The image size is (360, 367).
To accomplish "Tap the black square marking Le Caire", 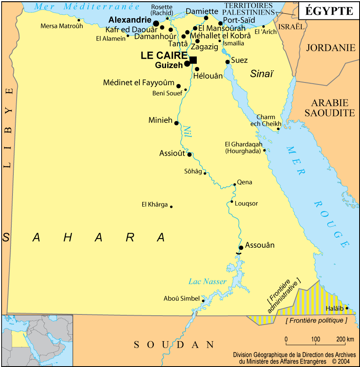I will click(193, 60).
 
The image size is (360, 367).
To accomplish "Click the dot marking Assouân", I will click(241, 248).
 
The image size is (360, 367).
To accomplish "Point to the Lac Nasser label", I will click(207, 281).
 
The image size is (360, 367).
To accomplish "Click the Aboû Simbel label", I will click(181, 299).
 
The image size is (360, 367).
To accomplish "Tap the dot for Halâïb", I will click(347, 308).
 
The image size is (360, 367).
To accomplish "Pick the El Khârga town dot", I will click(171, 207).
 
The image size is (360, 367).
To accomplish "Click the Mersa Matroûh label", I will click(62, 26).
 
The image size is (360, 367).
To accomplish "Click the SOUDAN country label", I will click(174, 344).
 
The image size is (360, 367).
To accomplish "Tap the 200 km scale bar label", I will click(345, 339).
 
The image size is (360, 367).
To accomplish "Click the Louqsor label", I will click(246, 203).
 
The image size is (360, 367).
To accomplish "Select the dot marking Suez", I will click(227, 62).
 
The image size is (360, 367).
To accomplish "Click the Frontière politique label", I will click(316, 321).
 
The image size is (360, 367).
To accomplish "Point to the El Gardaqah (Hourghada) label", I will click(244, 148).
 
